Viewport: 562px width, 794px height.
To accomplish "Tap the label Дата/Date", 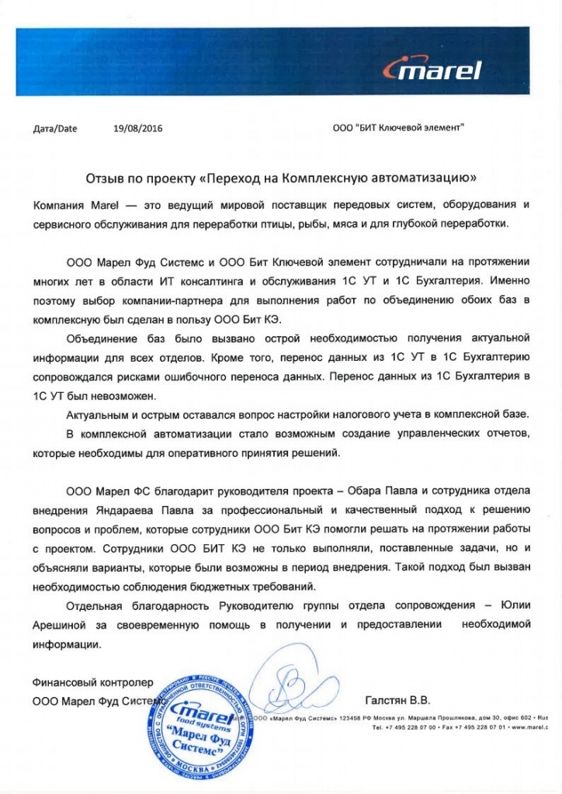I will pyautogui.click(x=55, y=129).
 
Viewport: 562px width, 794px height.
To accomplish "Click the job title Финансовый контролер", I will pyautogui.click(x=89, y=683).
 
